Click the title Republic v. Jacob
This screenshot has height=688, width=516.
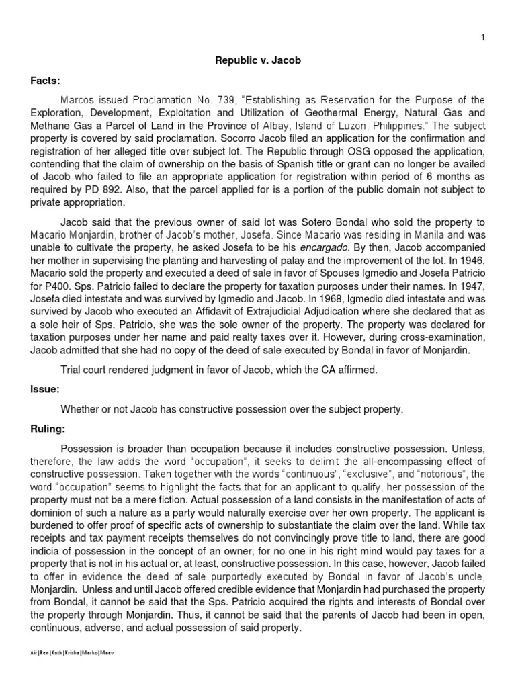tap(258, 60)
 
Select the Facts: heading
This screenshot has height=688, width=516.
tap(45, 81)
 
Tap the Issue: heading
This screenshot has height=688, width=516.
tap(45, 388)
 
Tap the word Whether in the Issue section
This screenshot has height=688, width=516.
tap(81, 408)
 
